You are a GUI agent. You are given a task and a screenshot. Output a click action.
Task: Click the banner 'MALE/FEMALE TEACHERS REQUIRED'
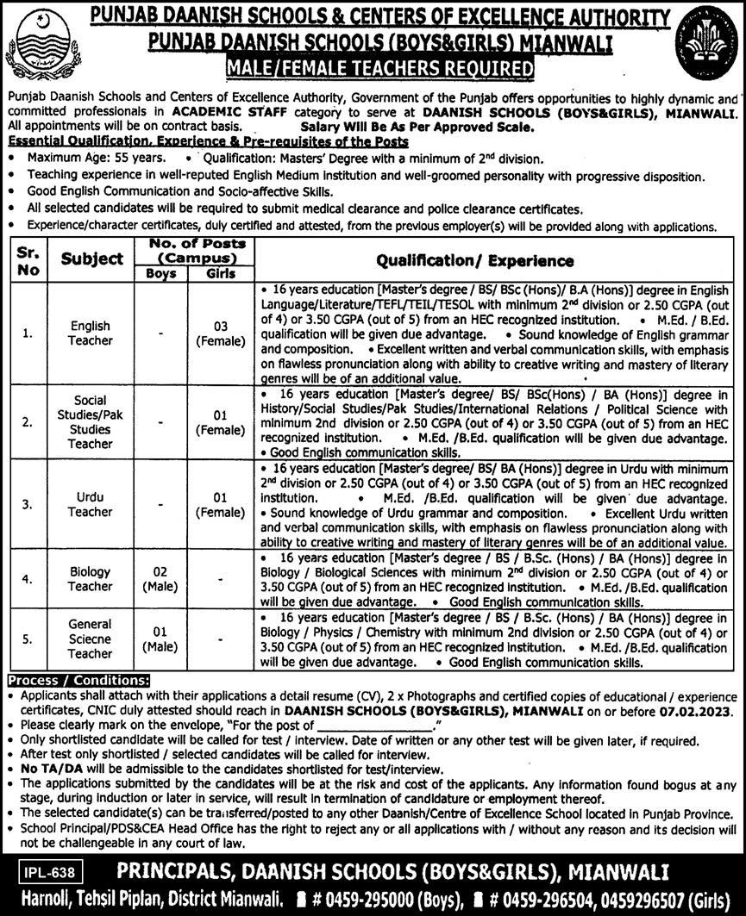click(x=373, y=67)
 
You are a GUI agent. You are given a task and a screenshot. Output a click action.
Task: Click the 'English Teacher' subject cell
click(x=91, y=333)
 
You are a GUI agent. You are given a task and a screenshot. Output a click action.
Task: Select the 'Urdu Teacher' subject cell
click(x=91, y=504)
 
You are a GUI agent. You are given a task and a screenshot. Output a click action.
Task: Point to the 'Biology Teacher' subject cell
click(x=91, y=579)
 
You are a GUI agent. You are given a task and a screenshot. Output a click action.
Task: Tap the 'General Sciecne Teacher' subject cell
click(x=91, y=639)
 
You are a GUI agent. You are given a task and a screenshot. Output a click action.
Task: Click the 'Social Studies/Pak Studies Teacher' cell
click(x=91, y=422)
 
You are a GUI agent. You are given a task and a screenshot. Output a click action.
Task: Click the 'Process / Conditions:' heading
click(x=77, y=680)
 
